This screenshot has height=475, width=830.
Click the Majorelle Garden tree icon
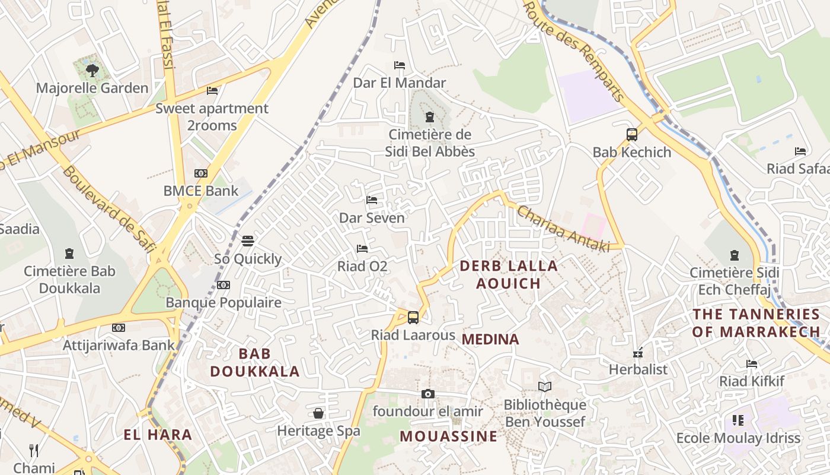click(x=92, y=71)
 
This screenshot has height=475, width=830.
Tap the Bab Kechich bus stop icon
click(x=632, y=135)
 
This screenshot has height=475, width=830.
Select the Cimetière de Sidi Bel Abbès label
click(x=430, y=143)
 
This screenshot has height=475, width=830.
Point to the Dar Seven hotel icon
click(x=372, y=200)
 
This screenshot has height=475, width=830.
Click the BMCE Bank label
click(x=201, y=191)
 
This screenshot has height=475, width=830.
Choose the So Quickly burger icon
click(x=248, y=241)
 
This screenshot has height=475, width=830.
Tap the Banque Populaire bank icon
click(x=224, y=285)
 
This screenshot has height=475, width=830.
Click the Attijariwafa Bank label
click(x=119, y=345)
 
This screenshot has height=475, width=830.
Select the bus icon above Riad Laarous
click(x=413, y=318)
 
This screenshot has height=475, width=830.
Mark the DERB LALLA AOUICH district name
click(x=509, y=274)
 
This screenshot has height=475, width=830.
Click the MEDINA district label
click(x=490, y=340)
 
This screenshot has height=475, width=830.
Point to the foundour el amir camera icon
click(x=427, y=394)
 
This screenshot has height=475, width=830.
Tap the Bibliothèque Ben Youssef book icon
click(x=545, y=387)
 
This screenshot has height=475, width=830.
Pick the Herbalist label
click(x=638, y=369)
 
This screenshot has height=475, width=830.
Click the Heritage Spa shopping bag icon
click(x=318, y=413)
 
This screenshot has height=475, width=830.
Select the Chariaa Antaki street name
click(x=563, y=229)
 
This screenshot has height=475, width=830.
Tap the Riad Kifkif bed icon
click(x=752, y=363)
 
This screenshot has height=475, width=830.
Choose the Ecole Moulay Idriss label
click(x=738, y=438)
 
